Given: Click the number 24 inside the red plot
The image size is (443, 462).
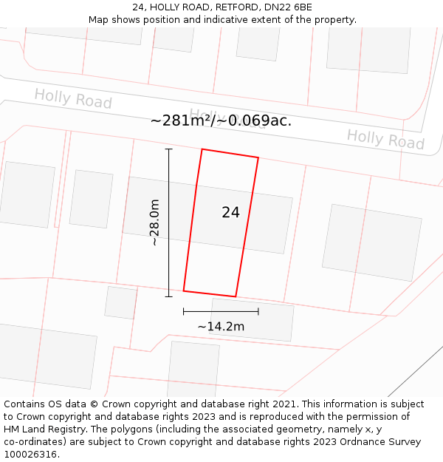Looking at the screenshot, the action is coord(230,213).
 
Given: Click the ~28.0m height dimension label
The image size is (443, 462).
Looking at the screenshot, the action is coord(154,222).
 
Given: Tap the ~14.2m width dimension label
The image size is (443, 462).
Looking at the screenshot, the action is coord(221,326).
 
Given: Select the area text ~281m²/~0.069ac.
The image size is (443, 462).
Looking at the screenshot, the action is coord(221,120).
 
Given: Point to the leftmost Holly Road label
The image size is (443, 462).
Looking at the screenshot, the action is coord(73,98).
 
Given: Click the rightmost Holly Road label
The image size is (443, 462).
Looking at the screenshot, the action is coord(385,139).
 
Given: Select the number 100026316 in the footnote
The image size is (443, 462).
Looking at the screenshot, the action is coord(30,454).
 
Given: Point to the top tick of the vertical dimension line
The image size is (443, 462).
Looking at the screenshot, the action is coord(169,149).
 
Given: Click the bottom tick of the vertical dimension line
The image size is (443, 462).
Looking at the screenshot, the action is coord(169,296).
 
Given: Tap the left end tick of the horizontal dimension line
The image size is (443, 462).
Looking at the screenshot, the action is coord(184,312).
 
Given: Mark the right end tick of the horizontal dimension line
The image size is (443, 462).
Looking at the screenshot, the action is coord(258,312).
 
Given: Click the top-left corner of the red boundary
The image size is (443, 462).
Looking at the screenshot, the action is coord(202,149).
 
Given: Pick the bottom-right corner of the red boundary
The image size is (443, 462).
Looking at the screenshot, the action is coord(236,296).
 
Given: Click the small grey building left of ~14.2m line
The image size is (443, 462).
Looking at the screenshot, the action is coord(121,302).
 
